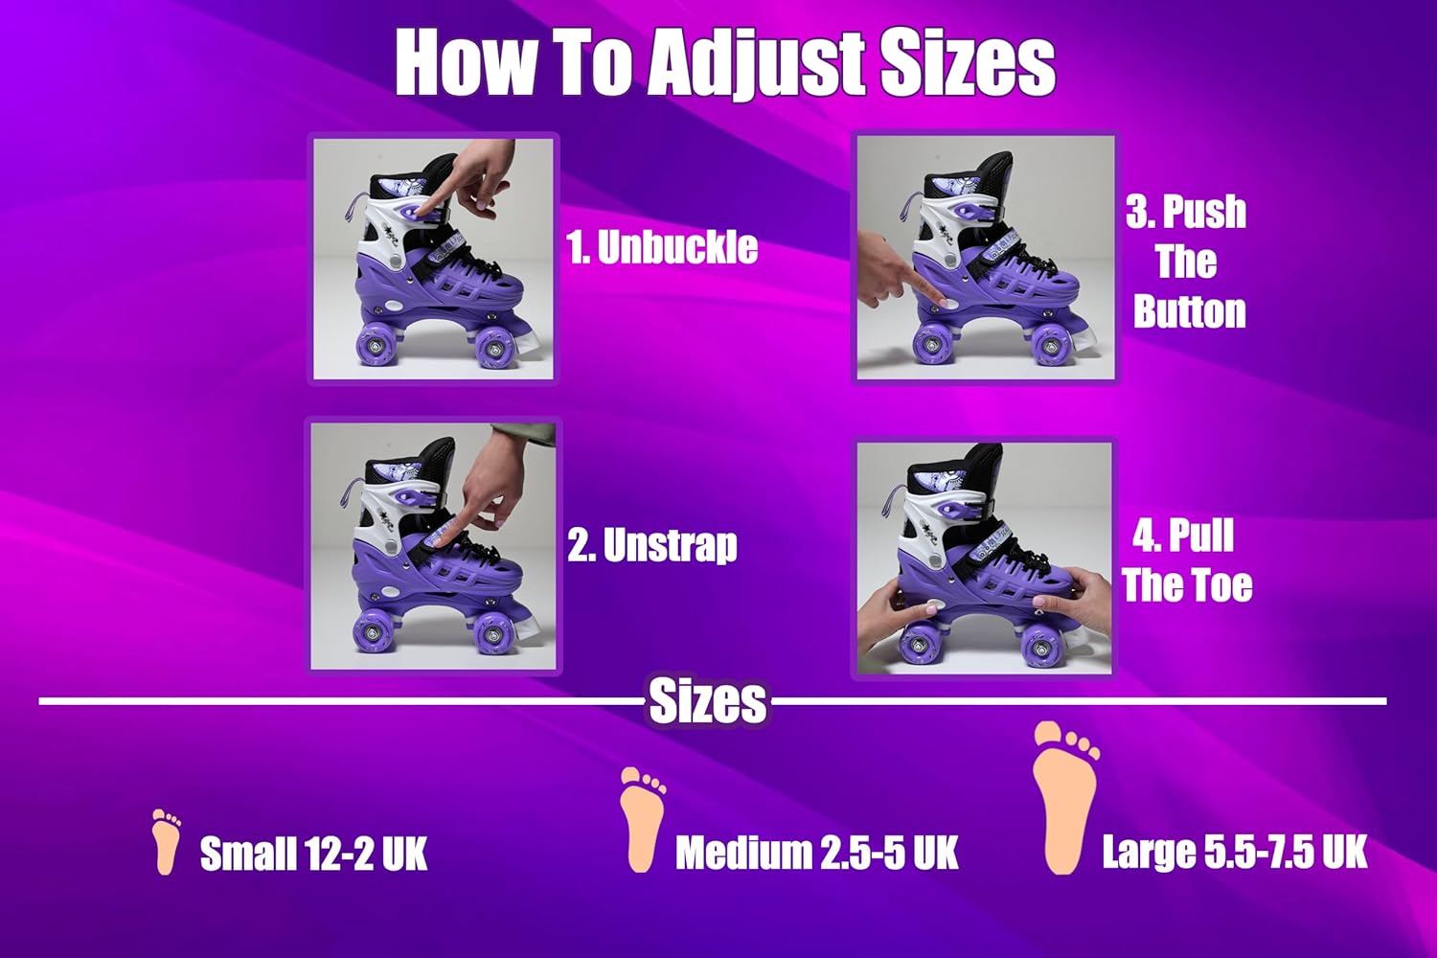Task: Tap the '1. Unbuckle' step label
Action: [662, 248]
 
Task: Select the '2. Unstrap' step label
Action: [652, 545]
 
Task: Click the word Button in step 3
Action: [1190, 312]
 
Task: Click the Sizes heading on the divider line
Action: [708, 701]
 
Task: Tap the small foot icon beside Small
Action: [166, 841]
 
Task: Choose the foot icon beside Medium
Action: [642, 819]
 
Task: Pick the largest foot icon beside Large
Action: [1065, 798]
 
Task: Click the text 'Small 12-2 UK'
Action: [313, 854]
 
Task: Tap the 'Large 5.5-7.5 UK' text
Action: [1234, 852]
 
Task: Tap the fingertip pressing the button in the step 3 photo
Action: [941, 300]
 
